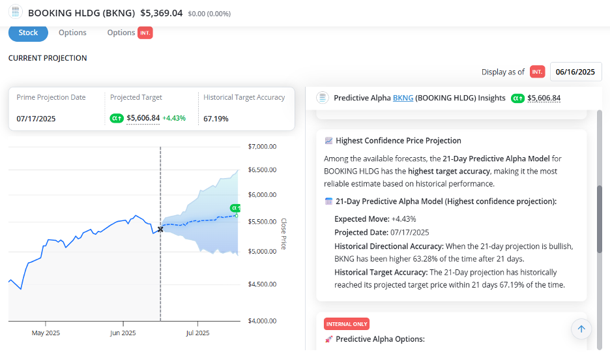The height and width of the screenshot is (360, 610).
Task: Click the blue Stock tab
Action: pyautogui.click(x=28, y=33)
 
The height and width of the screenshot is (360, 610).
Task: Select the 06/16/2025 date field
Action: pyautogui.click(x=575, y=72)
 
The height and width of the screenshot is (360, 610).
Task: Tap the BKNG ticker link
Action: pyautogui.click(x=403, y=98)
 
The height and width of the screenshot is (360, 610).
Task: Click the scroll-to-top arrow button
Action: pyautogui.click(x=581, y=329)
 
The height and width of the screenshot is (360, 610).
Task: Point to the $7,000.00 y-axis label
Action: pyautogui.click(x=262, y=147)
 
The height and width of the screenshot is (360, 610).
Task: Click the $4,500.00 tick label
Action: pyautogui.click(x=262, y=284)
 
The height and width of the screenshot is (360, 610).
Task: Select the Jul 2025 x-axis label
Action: pyautogui.click(x=197, y=333)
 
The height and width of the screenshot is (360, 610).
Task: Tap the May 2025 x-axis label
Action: pyautogui.click(x=46, y=333)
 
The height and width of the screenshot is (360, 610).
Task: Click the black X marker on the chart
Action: pyautogui.click(x=160, y=229)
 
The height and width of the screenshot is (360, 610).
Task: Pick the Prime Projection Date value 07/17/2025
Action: pyautogui.click(x=36, y=119)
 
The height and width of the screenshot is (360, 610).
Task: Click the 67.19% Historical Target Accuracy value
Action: pyautogui.click(x=216, y=119)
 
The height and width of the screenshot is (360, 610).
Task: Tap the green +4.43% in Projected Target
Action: pyautogui.click(x=174, y=118)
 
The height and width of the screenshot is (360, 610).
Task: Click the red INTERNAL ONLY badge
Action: pyautogui.click(x=347, y=324)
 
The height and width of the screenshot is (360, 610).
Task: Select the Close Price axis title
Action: pyautogui.click(x=283, y=234)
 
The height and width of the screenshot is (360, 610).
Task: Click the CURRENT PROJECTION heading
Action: pyautogui.click(x=48, y=58)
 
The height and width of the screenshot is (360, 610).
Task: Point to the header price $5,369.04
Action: pyautogui.click(x=162, y=13)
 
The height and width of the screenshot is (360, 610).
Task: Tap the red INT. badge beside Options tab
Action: pyautogui.click(x=145, y=33)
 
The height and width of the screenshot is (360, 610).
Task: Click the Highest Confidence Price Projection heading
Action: pyautogui.click(x=398, y=141)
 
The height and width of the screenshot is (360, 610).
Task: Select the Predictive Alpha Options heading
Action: pyautogui.click(x=380, y=339)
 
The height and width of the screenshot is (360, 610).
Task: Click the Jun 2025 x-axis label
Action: pyautogui.click(x=123, y=333)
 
